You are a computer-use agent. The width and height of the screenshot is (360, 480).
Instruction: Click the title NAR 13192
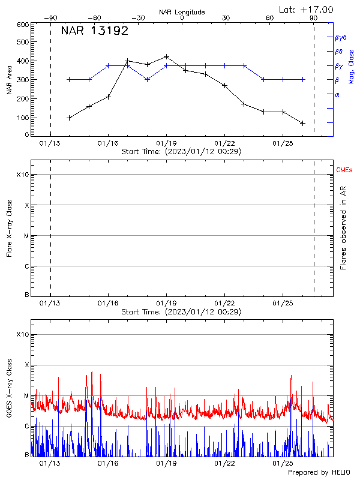tap(95, 31)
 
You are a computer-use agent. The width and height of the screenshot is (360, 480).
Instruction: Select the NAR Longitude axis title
tap(182, 12)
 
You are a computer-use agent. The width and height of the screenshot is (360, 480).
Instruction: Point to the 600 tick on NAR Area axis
tap(23, 25)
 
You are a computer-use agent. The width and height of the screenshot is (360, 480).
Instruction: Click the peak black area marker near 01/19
tap(166, 56)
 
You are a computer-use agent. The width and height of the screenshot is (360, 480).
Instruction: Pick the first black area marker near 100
tap(70, 118)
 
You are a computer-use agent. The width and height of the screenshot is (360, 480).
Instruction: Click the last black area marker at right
tap(302, 123)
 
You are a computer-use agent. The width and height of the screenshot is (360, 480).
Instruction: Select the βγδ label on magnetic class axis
tap(341, 37)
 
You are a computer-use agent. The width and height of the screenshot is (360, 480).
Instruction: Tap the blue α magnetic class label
tap(337, 94)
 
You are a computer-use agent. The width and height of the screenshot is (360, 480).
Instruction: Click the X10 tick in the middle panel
tap(23, 175)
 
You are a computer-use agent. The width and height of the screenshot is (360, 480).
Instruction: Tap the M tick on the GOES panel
tap(26, 396)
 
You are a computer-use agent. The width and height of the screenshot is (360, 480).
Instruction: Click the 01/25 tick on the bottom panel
tap(282, 463)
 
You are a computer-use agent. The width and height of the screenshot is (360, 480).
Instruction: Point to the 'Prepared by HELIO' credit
tap(319, 473)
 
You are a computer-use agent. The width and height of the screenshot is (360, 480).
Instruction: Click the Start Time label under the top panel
tap(181, 152)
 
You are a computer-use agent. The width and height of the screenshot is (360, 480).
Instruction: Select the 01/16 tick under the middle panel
tap(108, 304)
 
